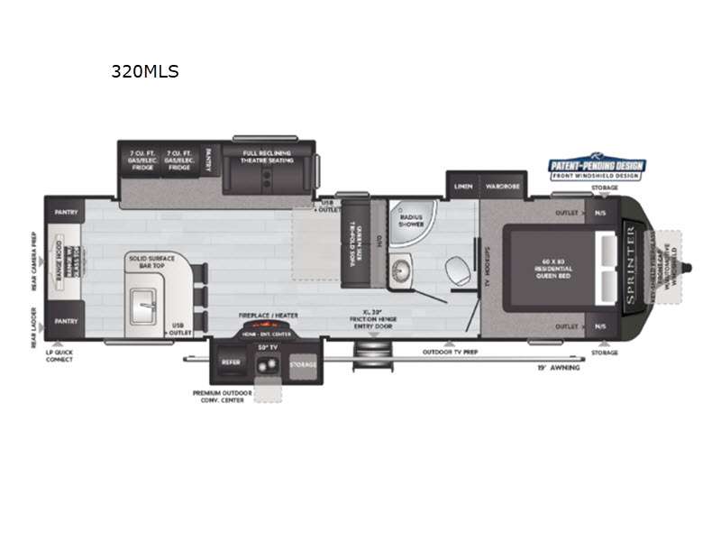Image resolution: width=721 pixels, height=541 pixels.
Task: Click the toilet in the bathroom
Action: pyautogui.click(x=457, y=268)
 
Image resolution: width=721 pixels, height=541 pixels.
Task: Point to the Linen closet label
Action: pyautogui.click(x=463, y=186)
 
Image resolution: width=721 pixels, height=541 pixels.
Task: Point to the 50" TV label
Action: pyautogui.click(x=265, y=346)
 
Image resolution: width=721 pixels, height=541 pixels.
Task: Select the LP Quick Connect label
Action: pyautogui.click(x=60, y=355)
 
